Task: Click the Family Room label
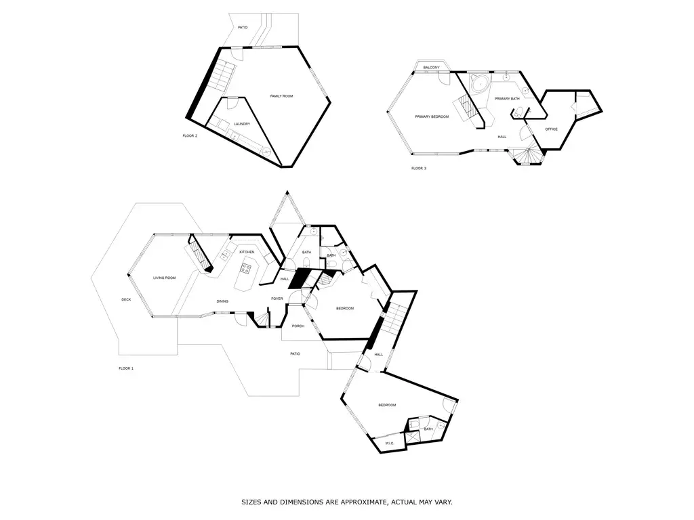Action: point(281,96)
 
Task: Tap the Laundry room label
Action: point(242,124)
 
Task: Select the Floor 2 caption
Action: point(190,135)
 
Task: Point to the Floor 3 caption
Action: point(419,169)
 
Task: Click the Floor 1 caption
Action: point(126,368)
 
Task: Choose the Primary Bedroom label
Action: point(432,116)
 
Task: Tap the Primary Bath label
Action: point(507,99)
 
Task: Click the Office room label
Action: point(551,129)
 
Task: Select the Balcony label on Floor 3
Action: point(431,68)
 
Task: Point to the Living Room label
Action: point(164,278)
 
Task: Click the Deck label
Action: point(126,300)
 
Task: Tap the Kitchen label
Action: point(247,252)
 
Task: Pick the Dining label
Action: point(222,301)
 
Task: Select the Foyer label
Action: point(277,299)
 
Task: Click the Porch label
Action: point(298,326)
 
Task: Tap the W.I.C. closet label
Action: point(390,443)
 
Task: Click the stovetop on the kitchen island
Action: point(245,268)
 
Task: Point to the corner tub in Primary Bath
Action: point(479,83)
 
